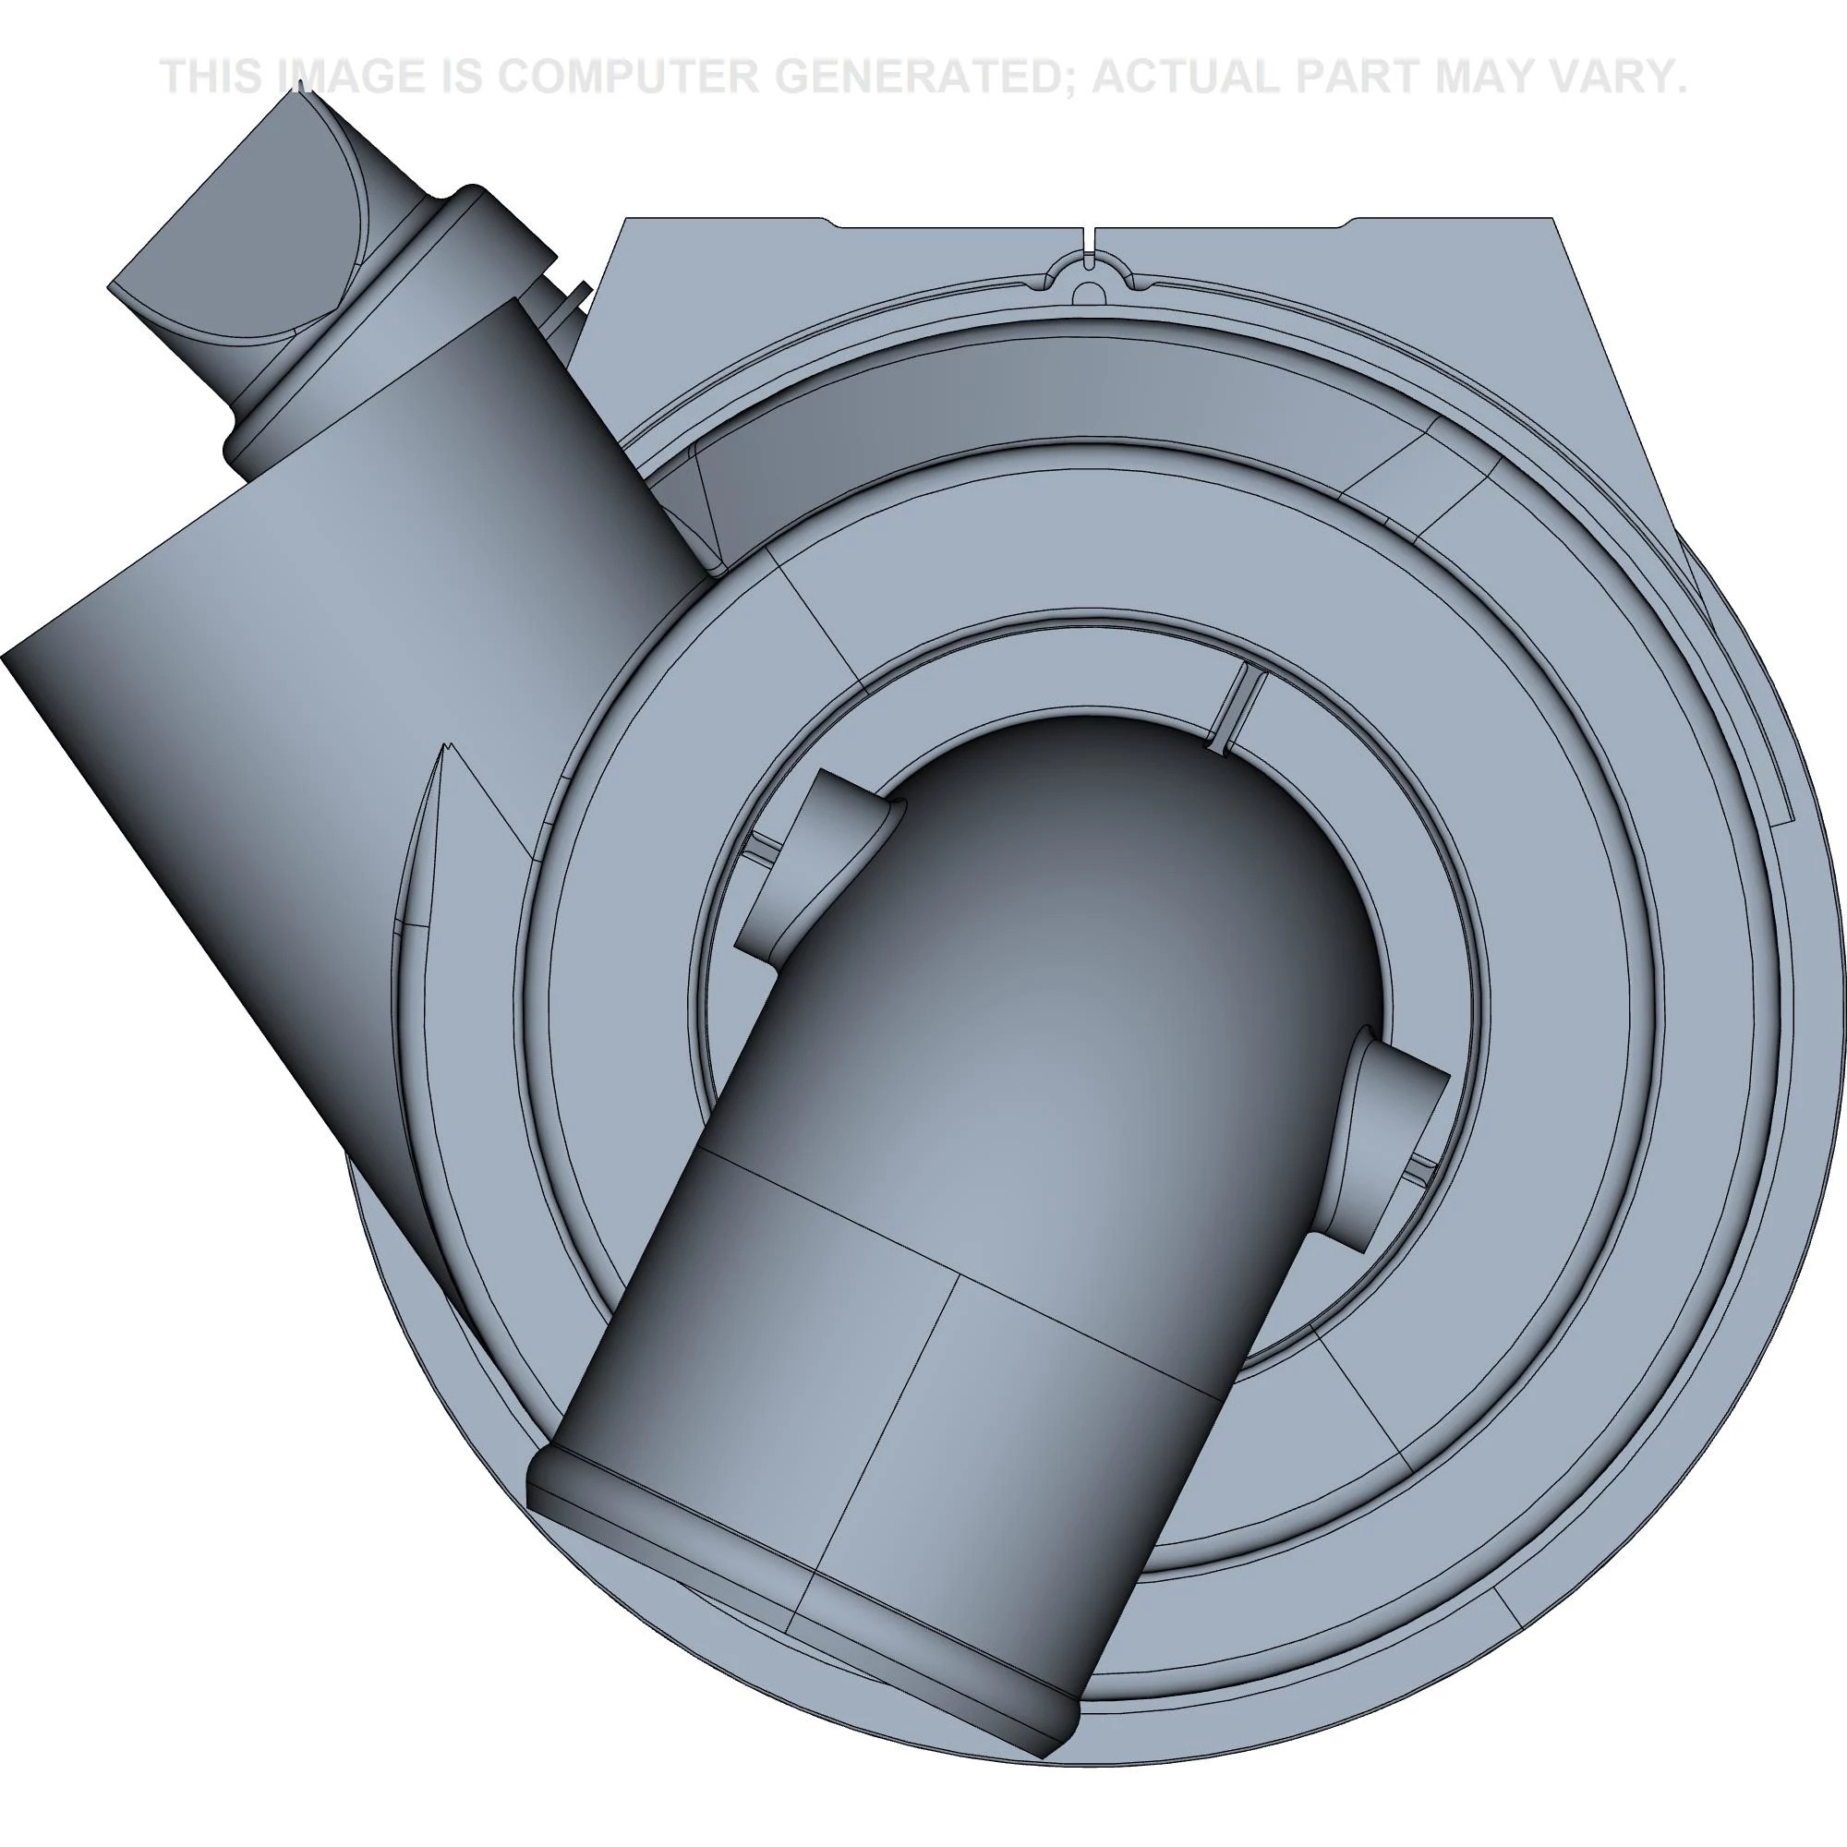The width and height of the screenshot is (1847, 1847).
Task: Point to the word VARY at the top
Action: click(x=1608, y=78)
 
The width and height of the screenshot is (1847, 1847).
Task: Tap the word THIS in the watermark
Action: click(x=212, y=78)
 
